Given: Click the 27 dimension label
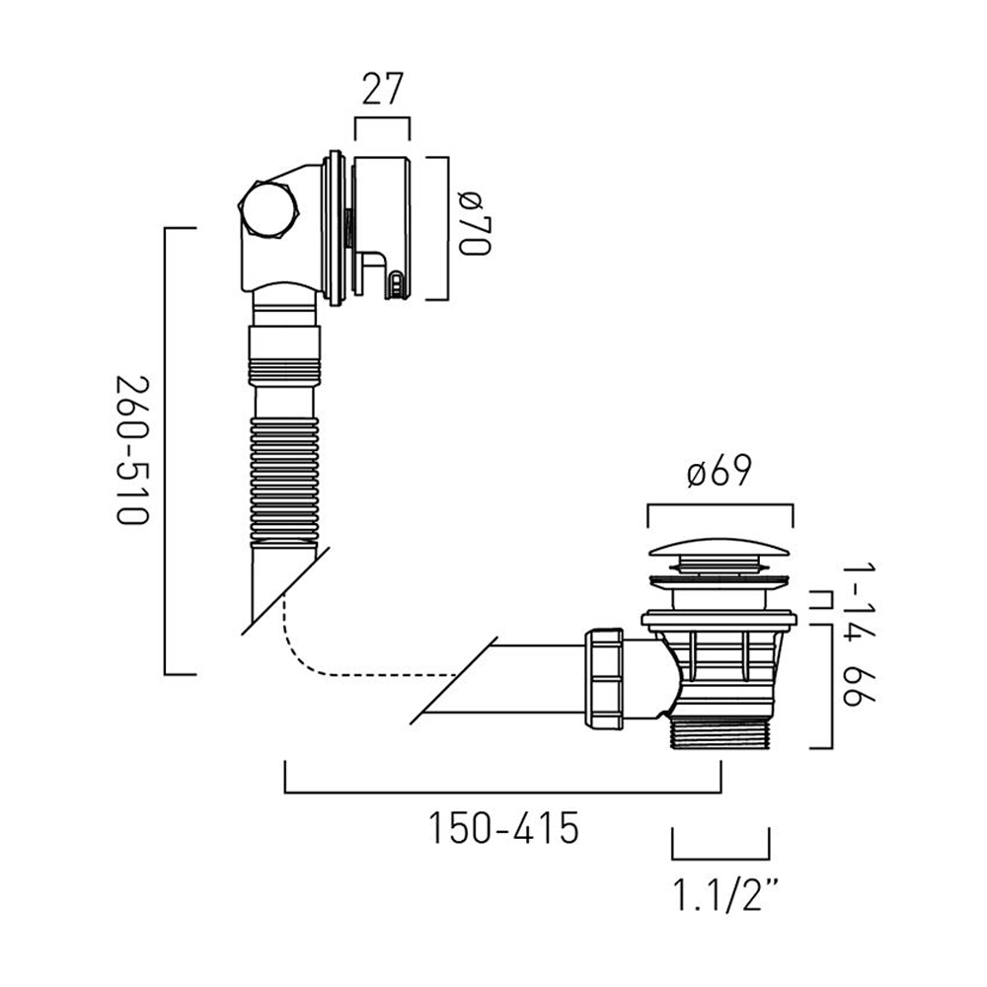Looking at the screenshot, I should click(x=381, y=90).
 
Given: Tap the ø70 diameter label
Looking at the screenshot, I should click(x=473, y=226).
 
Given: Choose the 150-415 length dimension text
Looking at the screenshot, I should click(x=502, y=828).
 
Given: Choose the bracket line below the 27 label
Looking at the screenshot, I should click(x=381, y=120).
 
